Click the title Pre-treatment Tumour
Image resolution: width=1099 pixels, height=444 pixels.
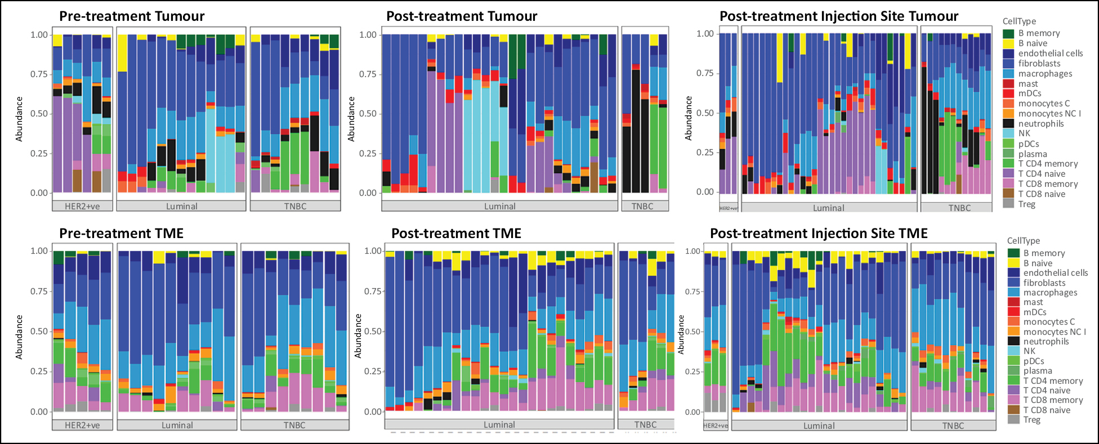[132, 16]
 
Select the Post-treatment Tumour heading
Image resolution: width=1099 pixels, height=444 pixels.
[462, 16]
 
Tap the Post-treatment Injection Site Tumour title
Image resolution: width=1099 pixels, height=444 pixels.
[839, 16]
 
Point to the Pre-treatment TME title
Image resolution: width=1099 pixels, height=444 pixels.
[121, 234]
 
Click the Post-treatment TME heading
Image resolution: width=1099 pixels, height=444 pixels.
[456, 234]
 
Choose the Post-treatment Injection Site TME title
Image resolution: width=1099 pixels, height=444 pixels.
[819, 234]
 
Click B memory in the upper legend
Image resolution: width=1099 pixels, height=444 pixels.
[1039, 33]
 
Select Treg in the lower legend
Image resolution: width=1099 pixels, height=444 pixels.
[1031, 420]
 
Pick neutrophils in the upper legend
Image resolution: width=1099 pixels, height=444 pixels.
[1041, 124]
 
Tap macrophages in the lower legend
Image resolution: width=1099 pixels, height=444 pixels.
[1050, 293]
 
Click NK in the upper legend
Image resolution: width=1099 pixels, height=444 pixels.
[1024, 133]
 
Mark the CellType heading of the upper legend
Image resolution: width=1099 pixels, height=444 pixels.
[1019, 21]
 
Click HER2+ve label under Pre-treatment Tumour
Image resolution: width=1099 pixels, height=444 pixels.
[82, 207]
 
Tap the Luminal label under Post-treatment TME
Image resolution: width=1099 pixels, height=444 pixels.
[499, 425]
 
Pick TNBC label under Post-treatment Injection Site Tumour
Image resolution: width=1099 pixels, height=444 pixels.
[959, 208]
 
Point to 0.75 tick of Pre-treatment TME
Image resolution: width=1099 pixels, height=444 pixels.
[39, 291]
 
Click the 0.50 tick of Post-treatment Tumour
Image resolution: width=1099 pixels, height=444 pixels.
[369, 114]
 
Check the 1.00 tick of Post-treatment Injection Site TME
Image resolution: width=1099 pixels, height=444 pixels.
[693, 252]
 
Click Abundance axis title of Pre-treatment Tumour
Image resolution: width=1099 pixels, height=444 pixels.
[19, 119]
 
